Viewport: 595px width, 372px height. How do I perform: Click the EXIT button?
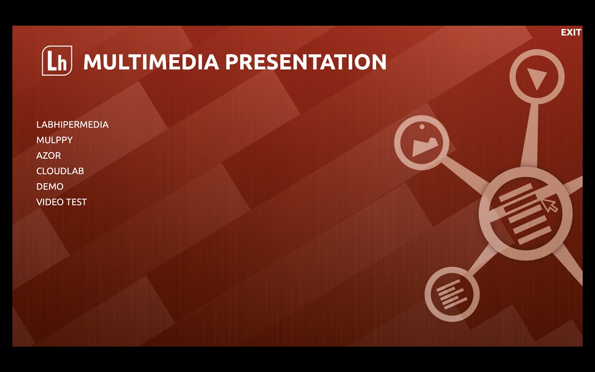(571, 32)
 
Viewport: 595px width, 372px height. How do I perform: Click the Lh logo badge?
(57, 61)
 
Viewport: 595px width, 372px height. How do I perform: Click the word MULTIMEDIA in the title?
(151, 62)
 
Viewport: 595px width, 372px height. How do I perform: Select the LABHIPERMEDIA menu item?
(72, 124)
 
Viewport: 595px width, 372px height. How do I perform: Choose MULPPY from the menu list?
(54, 140)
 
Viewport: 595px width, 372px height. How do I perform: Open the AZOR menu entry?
(49, 156)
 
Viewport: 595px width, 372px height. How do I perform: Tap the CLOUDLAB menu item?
(60, 171)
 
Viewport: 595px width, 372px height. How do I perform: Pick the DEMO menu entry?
(50, 187)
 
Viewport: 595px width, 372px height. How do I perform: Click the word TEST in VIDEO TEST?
(76, 202)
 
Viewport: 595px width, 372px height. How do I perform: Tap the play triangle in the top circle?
(537, 78)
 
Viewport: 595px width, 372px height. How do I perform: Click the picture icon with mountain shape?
(425, 147)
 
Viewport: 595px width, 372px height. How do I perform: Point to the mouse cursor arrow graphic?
(549, 205)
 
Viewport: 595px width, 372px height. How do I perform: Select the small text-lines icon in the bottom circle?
(451, 294)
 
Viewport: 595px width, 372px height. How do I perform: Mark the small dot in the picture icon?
(422, 127)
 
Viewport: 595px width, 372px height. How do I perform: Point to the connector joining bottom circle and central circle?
(482, 262)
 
